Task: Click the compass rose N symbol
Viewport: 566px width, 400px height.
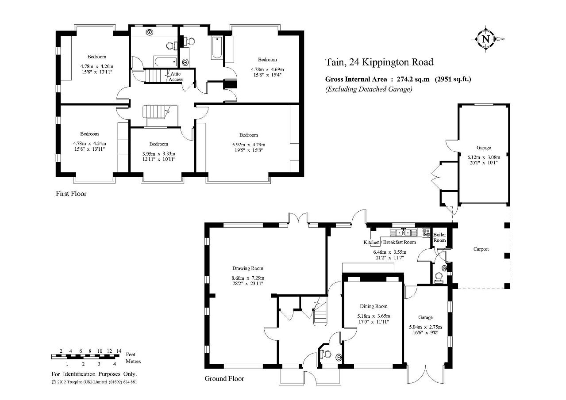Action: [x=486, y=39]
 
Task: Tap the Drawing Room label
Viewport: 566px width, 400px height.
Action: [x=248, y=268]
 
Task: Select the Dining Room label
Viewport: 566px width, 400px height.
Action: [x=373, y=306]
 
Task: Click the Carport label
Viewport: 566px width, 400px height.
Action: [x=481, y=249]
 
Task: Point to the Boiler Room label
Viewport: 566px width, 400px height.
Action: [x=439, y=237]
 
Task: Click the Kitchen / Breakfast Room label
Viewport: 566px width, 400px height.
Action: [x=389, y=242]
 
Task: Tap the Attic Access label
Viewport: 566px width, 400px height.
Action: [x=176, y=77]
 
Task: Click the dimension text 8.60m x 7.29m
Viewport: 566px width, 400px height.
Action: [x=248, y=278]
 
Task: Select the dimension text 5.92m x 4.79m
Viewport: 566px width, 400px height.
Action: [x=249, y=145]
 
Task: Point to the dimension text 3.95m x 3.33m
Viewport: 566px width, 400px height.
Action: [x=159, y=154]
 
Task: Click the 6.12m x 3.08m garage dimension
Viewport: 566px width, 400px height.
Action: [x=484, y=157]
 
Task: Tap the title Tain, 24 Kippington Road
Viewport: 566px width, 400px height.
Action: [x=379, y=62]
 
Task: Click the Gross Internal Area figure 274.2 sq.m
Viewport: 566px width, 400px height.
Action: [x=413, y=79]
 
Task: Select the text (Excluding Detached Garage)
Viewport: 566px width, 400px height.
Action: [x=369, y=89]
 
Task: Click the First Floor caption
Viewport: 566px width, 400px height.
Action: [x=71, y=194]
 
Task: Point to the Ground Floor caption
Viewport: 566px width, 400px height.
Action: [x=224, y=378]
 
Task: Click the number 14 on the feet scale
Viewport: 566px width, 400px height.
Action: [x=119, y=351]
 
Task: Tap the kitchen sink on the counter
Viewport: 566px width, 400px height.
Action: [x=403, y=232]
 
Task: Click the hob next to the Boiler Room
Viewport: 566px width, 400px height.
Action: [x=426, y=232]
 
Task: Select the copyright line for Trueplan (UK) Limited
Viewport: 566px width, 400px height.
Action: [x=94, y=382]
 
